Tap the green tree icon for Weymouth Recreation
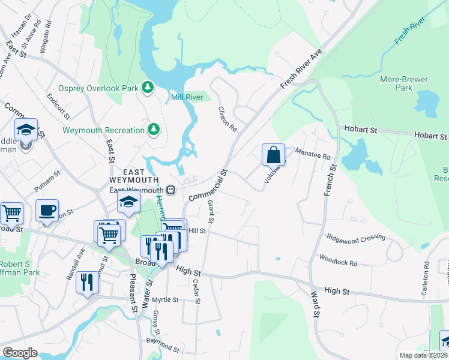coord(154,130)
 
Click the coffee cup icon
coord(47,211)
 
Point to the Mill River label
coord(187,97)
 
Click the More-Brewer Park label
coord(396,83)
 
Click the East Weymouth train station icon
coord(171,190)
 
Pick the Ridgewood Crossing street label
coord(356,238)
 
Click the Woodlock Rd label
coord(338,263)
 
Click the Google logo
coord(20,353)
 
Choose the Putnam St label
coord(47,180)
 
